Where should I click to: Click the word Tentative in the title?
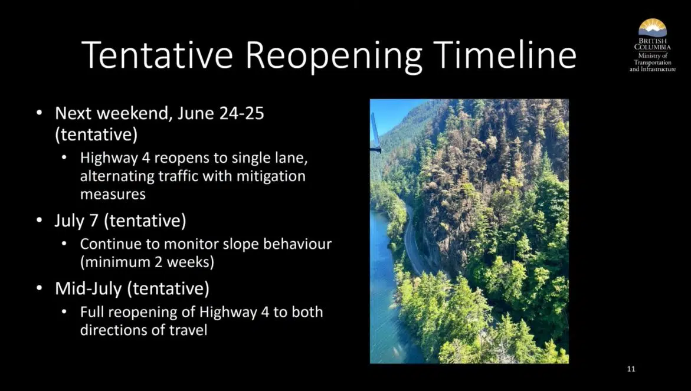pyautogui.click(x=157, y=55)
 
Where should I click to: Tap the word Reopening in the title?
pyautogui.click(x=333, y=57)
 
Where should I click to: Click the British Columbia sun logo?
pyautogui.click(x=652, y=28)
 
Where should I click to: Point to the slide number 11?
pyautogui.click(x=631, y=369)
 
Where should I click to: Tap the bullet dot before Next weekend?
pyautogui.click(x=40, y=114)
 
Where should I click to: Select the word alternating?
pyautogui.click(x=117, y=176)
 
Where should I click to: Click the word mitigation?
pyautogui.click(x=271, y=176)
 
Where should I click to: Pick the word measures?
pyautogui.click(x=113, y=194)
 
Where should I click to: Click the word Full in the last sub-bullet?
pyautogui.click(x=91, y=312)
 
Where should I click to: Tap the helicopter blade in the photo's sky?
pyautogui.click(x=375, y=133)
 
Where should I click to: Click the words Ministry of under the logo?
pyautogui.click(x=653, y=56)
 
